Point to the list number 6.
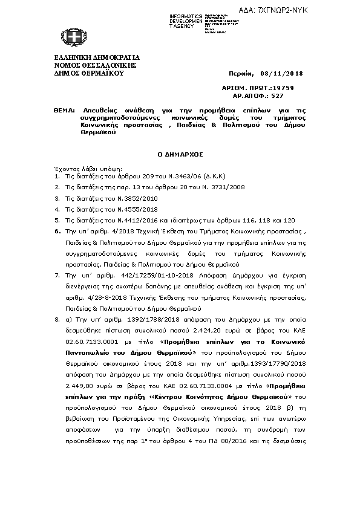pyautogui.click(x=56, y=231)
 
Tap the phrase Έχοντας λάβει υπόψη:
pyautogui.click(x=88, y=169)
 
